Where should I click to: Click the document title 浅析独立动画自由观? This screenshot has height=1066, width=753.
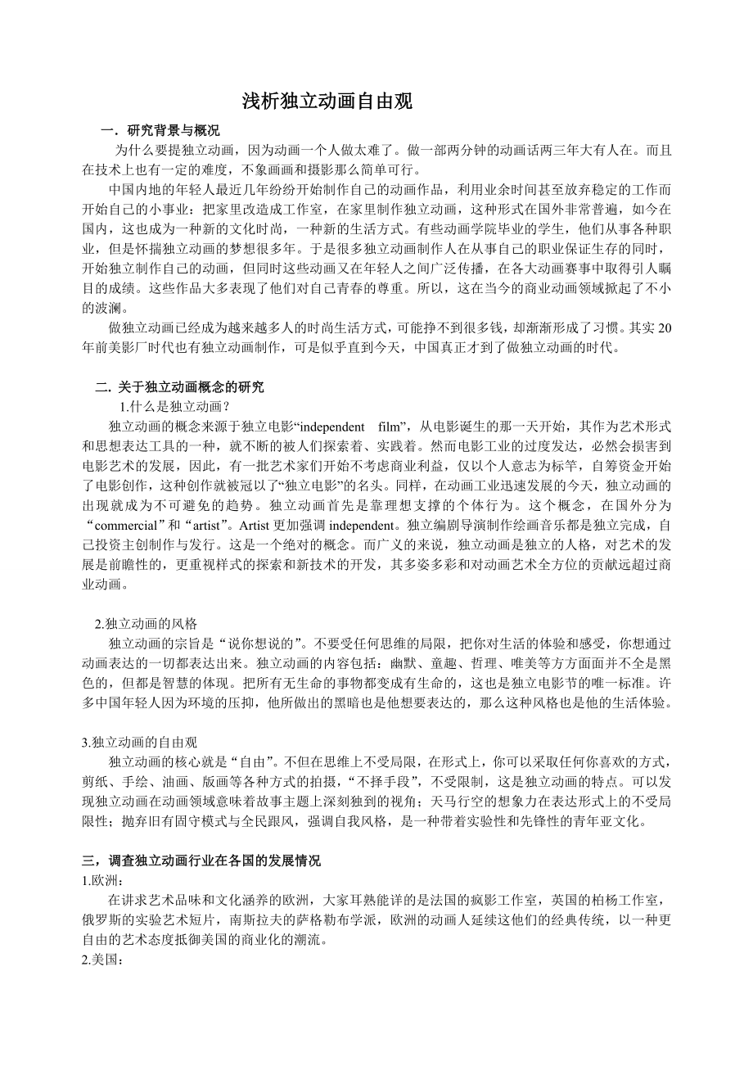pos(327,102)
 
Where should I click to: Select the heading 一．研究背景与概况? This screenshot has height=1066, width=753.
pos(160,131)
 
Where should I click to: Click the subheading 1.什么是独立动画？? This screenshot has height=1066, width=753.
pos(175,407)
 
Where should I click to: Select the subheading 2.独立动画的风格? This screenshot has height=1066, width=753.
pos(147,623)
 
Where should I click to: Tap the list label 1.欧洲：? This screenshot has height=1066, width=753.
pos(101,880)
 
